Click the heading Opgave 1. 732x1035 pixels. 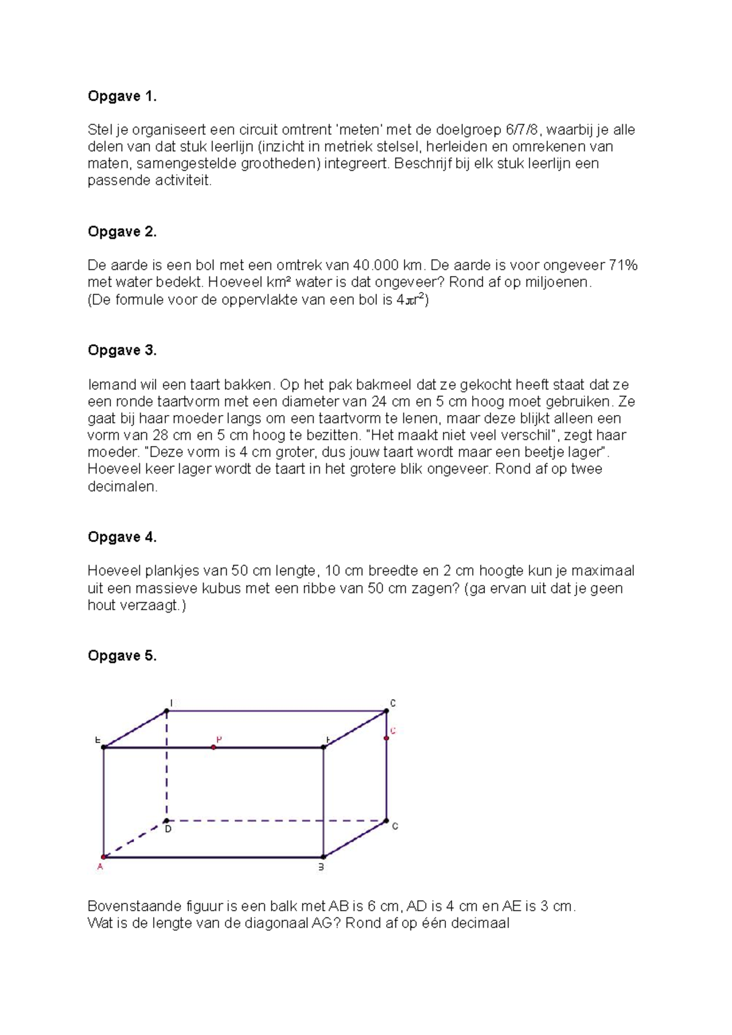point(122,96)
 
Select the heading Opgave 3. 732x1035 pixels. point(122,350)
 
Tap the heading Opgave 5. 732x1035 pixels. point(122,656)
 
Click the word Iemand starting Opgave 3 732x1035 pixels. point(112,385)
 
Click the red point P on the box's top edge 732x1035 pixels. point(213,747)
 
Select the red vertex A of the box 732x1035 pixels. point(104,857)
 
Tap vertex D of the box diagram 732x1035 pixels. point(167,821)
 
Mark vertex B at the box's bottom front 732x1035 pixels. point(323,857)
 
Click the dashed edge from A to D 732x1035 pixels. point(135,839)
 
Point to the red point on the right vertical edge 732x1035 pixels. point(386,739)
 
